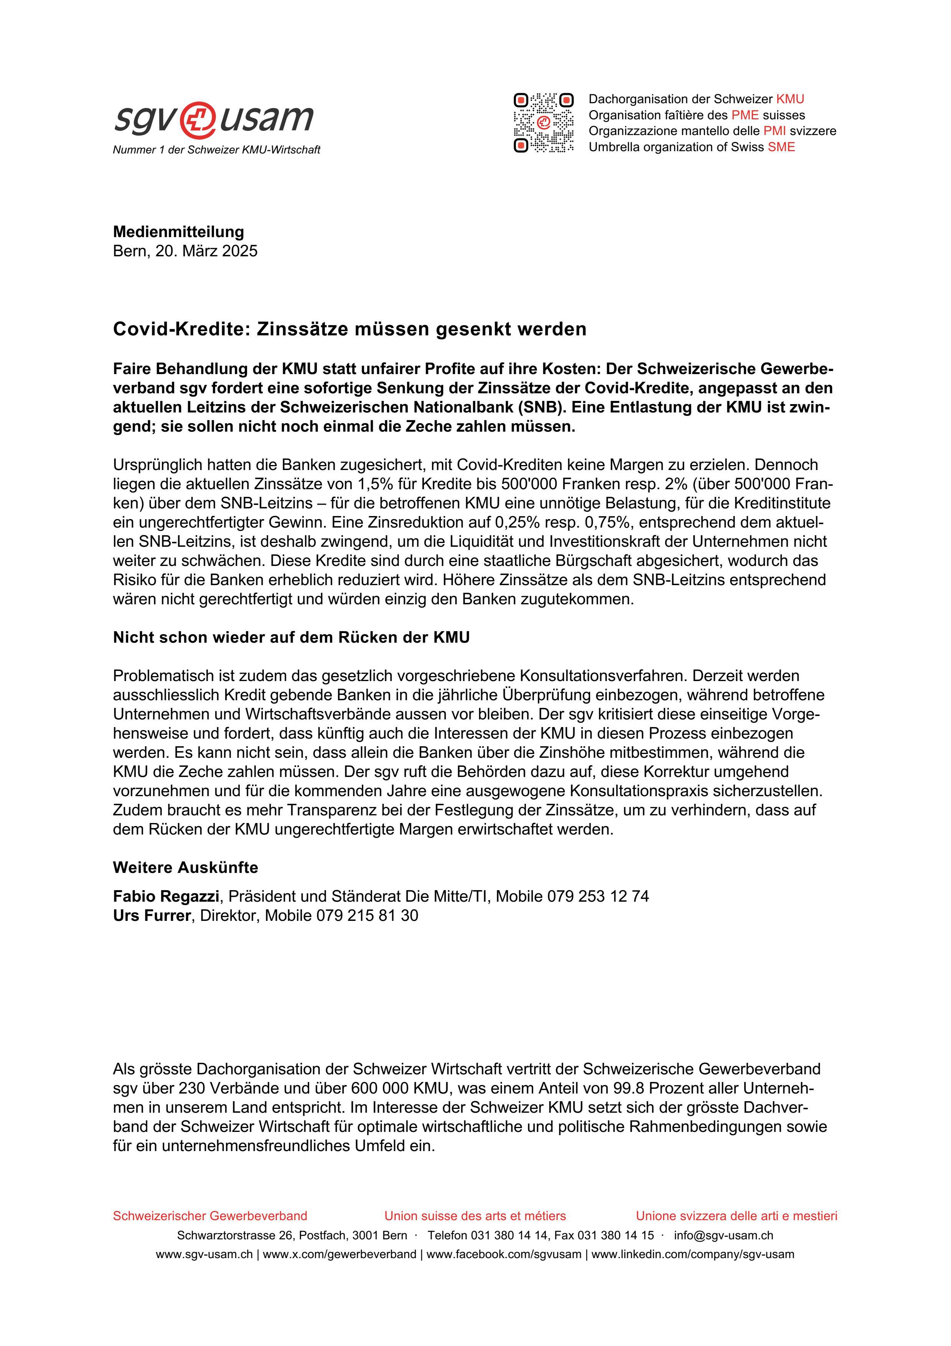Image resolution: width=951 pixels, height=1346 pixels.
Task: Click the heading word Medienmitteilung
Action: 178,232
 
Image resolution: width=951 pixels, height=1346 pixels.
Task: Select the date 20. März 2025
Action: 206,251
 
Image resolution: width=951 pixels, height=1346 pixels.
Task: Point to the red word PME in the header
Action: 744,115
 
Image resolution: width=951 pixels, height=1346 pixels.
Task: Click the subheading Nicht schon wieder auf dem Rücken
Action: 291,637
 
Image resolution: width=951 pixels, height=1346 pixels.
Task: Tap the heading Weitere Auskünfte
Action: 185,868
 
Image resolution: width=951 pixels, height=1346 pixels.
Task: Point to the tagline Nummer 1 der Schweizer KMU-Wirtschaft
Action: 216,150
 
